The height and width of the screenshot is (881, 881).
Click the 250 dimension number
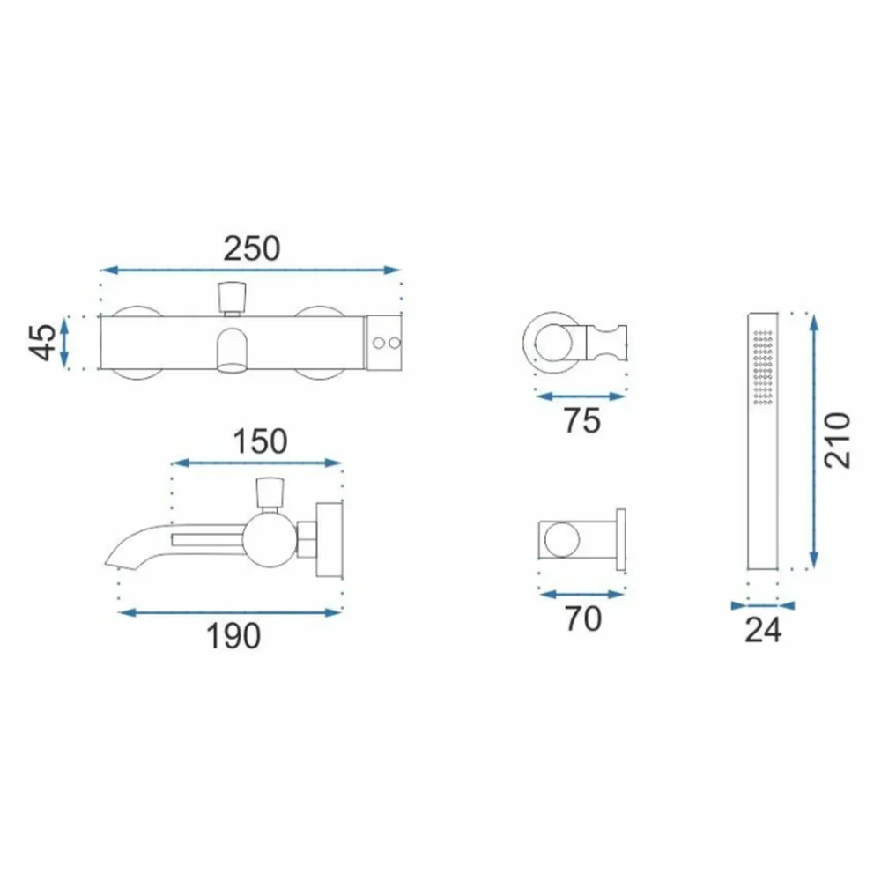[x=252, y=249]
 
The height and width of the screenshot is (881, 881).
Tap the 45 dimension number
[x=42, y=342]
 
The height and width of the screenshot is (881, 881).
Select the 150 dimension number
[x=260, y=441]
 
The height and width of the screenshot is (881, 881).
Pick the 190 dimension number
[x=233, y=636]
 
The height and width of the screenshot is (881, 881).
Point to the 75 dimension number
[x=582, y=420]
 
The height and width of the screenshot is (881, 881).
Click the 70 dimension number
[x=583, y=619]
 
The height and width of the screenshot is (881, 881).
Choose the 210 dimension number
[x=837, y=440]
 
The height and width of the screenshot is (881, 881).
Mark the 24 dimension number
[x=763, y=631]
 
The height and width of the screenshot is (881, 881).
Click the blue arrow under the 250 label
[x=250, y=270]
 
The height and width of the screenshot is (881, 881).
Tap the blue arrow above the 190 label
[x=230, y=612]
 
